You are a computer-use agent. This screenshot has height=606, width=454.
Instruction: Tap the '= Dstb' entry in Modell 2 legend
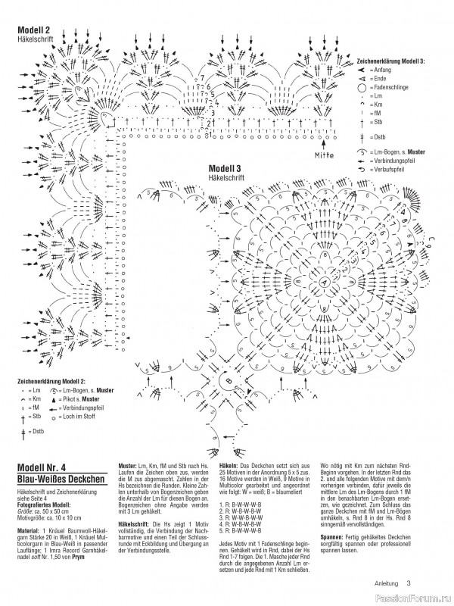click(34, 430)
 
